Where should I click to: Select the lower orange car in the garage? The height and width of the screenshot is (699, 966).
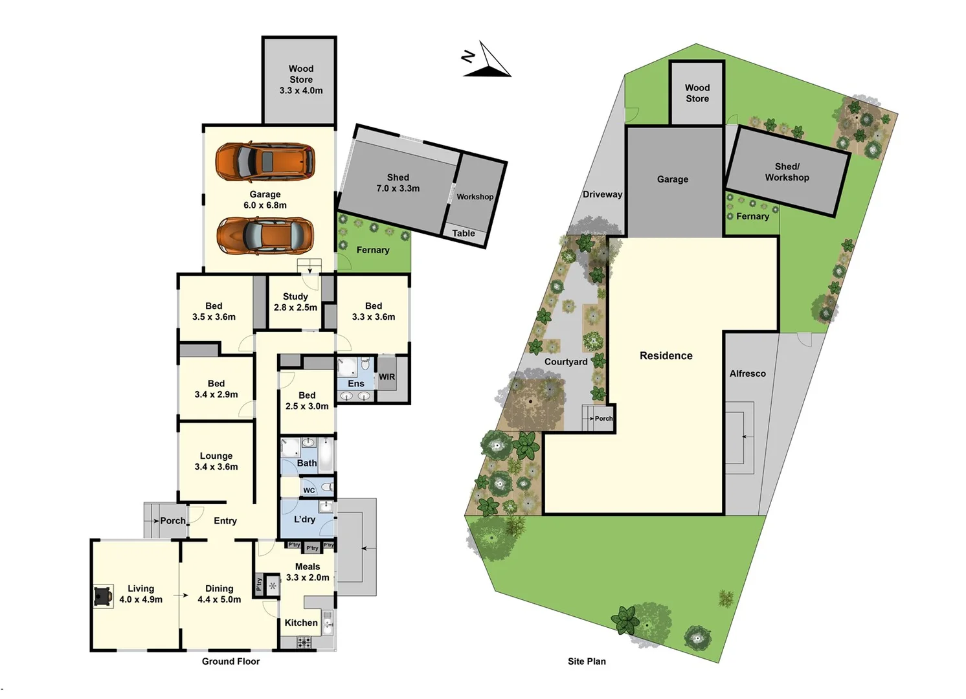click(x=265, y=236)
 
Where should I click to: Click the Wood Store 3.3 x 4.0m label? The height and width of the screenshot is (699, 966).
click(x=301, y=80)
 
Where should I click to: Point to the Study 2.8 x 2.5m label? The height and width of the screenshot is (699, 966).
click(x=295, y=302)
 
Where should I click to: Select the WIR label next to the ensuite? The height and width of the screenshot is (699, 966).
click(x=387, y=377)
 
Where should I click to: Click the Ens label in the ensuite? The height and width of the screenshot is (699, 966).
click(x=356, y=384)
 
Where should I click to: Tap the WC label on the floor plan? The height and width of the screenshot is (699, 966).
click(x=309, y=490)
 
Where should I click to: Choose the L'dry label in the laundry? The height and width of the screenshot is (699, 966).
click(x=304, y=519)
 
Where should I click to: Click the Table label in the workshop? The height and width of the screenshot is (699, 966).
click(x=464, y=234)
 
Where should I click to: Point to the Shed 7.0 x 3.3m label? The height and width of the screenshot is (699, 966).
click(x=398, y=183)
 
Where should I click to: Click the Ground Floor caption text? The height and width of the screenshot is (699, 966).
click(x=230, y=661)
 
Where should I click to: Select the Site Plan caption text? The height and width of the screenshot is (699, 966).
click(x=587, y=661)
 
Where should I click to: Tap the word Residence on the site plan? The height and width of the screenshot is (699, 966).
click(x=666, y=356)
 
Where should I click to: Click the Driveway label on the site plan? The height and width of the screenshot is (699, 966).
click(x=602, y=194)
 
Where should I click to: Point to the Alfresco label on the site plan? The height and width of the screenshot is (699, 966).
click(x=747, y=373)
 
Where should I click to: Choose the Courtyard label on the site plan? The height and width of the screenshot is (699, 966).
click(x=566, y=362)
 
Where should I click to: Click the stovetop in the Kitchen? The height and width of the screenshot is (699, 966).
click(x=304, y=643)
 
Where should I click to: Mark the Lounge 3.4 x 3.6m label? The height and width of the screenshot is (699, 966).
click(x=216, y=461)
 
